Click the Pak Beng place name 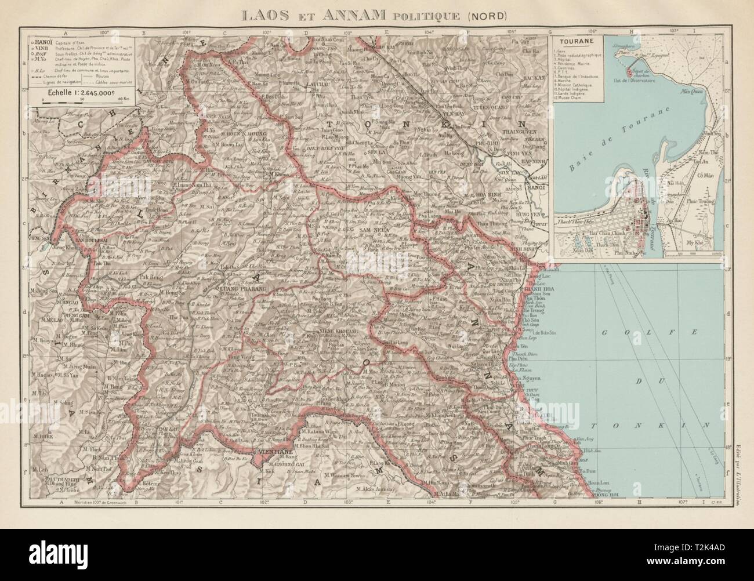(152, 278)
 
